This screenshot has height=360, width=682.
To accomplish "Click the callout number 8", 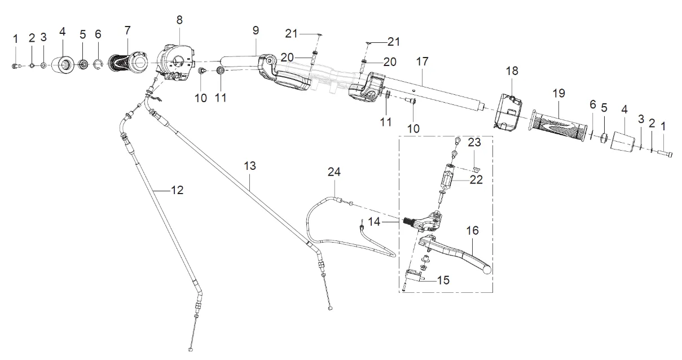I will [x=179, y=20].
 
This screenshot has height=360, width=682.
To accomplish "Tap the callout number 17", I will [x=423, y=60].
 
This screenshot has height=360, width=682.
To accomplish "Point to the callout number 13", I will [x=250, y=166].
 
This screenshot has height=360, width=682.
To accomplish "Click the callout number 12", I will [x=177, y=191].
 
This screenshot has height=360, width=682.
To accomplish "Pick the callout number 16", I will [x=472, y=230].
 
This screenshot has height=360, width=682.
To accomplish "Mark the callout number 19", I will [x=557, y=92].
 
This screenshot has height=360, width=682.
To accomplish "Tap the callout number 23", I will [x=475, y=143].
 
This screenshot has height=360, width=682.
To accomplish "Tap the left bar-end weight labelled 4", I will [x=64, y=65].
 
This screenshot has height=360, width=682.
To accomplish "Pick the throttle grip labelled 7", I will [x=131, y=61].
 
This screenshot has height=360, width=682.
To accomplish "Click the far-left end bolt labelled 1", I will [x=15, y=66].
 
